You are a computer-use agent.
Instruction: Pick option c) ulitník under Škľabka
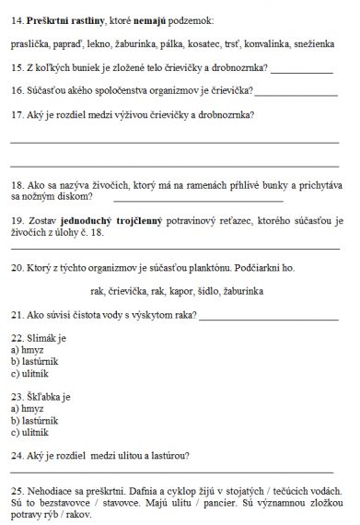click(31, 431)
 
